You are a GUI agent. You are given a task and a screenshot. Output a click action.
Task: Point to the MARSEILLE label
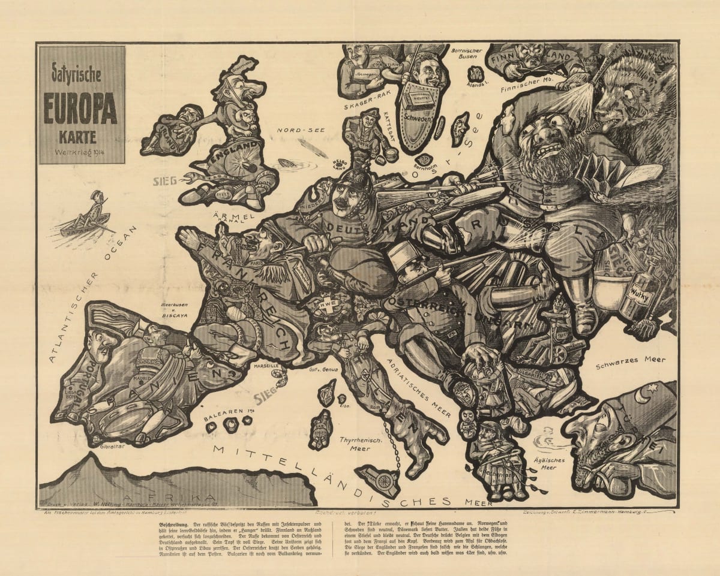tap(266, 365)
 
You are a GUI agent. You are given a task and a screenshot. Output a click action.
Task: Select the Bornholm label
tap(426, 167)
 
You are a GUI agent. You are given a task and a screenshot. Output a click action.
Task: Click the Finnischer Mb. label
tap(527, 89)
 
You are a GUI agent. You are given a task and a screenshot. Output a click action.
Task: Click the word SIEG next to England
tap(166, 179)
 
